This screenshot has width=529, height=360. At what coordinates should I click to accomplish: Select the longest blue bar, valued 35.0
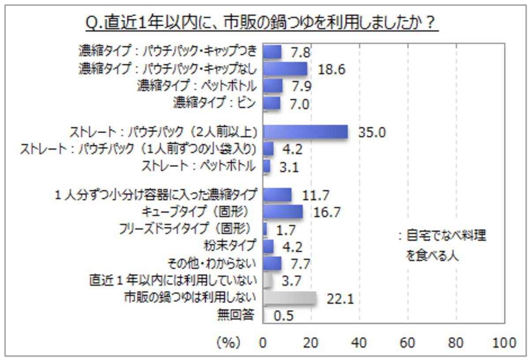tap(305, 132)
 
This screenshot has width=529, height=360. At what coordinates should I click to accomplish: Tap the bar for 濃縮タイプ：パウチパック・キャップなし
tap(285, 69)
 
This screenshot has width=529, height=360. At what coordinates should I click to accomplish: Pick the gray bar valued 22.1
tap(290, 298)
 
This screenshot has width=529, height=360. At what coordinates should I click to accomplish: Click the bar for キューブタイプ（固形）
tap(283, 212)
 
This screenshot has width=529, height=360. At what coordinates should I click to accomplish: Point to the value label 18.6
tap(331, 69)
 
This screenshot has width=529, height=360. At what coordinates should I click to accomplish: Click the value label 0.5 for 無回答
tap(283, 316)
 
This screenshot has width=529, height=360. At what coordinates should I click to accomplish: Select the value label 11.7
tap(316, 195)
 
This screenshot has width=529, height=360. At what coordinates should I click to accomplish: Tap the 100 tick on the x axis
tap(504, 342)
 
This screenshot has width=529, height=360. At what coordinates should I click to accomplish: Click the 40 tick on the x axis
tap(359, 342)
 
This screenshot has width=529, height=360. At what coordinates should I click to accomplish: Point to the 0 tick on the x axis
tap(263, 342)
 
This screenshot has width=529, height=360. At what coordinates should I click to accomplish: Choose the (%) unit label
tap(228, 342)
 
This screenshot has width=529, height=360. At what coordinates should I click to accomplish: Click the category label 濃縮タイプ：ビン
tap(214, 104)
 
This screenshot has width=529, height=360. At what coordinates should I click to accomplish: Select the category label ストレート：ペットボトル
tap(198, 166)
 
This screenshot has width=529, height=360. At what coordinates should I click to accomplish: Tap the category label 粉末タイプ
tap(229, 245)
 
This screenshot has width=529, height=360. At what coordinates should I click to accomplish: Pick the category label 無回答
tap(235, 315)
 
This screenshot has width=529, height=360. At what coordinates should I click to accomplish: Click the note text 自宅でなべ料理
tap(445, 236)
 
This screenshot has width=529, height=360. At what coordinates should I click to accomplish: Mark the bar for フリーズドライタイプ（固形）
tap(265, 229)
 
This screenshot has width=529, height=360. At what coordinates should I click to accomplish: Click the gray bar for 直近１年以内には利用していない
tap(267, 281)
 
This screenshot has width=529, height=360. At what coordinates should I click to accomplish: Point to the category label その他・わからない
tap(212, 264)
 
